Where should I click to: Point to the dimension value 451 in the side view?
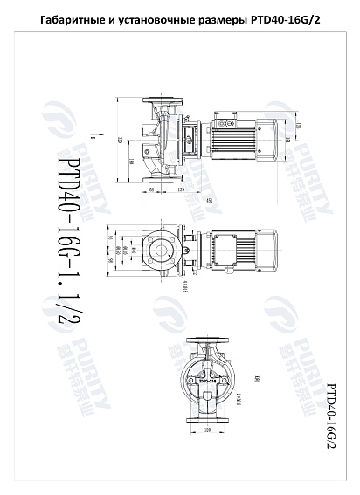pos(211,201)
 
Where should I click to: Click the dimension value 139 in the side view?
pos(181,189)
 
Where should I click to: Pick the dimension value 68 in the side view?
pos(152,189)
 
